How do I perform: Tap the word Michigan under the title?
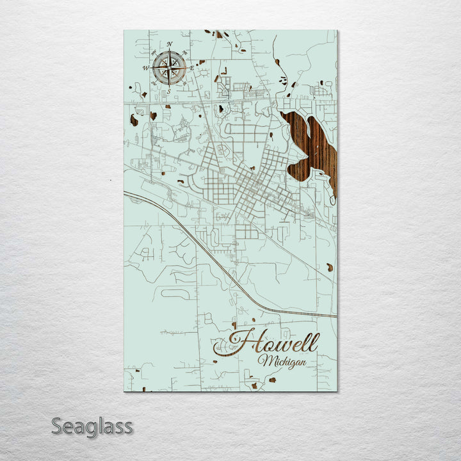[282, 362]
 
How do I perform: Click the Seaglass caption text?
[92, 426]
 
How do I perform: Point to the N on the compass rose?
[170, 44]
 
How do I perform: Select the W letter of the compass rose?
[145, 67]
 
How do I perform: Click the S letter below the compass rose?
[168, 91]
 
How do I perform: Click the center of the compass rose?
[169, 66]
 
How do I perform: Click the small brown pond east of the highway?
[329, 266]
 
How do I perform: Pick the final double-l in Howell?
[312, 343]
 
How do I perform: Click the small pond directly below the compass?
[153, 116]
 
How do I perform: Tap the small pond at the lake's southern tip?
[332, 200]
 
